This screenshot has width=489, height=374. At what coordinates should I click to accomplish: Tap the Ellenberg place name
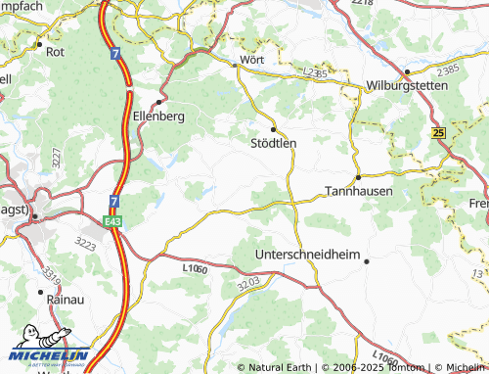[x=157, y=115]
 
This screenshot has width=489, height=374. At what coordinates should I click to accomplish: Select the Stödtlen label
[x=267, y=142]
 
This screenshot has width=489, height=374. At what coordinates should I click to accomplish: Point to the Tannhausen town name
[x=358, y=191]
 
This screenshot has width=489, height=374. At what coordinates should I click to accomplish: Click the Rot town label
[x=55, y=53]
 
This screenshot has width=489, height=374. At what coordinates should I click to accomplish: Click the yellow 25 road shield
[x=437, y=132]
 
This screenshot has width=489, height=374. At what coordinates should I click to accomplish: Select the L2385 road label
[x=314, y=72]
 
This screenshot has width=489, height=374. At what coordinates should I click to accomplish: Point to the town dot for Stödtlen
[x=273, y=128]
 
